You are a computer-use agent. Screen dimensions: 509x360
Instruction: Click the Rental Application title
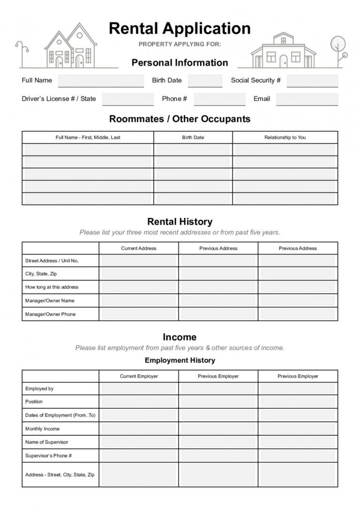click(180, 29)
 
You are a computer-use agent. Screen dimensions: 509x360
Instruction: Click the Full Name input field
click(101, 81)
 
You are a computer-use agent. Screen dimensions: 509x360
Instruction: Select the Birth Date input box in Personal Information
click(205, 81)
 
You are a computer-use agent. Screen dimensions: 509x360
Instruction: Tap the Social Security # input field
click(312, 81)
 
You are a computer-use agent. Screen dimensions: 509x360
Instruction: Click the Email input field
click(307, 99)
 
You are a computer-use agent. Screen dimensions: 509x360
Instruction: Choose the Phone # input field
click(219, 99)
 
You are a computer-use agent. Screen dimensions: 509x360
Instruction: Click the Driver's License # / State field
click(127, 99)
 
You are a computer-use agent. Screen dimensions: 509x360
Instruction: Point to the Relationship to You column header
click(285, 137)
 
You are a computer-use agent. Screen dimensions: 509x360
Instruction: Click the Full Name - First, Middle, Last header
click(88, 137)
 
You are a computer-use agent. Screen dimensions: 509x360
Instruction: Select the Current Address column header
click(138, 248)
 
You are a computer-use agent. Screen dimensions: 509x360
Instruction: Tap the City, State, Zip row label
click(41, 274)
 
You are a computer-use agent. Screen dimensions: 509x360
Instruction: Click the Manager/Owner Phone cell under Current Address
click(138, 314)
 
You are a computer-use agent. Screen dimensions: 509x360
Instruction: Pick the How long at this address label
click(52, 287)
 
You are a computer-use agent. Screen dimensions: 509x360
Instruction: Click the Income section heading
click(180, 337)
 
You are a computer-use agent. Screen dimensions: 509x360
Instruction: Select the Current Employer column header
click(138, 376)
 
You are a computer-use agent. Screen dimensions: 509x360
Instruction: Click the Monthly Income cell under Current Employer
click(138, 429)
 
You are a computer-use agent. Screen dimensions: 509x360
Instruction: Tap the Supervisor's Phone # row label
click(48, 456)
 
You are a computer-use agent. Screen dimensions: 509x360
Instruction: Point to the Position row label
click(34, 402)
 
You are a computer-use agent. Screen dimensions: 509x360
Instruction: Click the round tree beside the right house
click(337, 45)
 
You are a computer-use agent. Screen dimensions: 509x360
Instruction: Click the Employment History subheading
click(180, 360)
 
